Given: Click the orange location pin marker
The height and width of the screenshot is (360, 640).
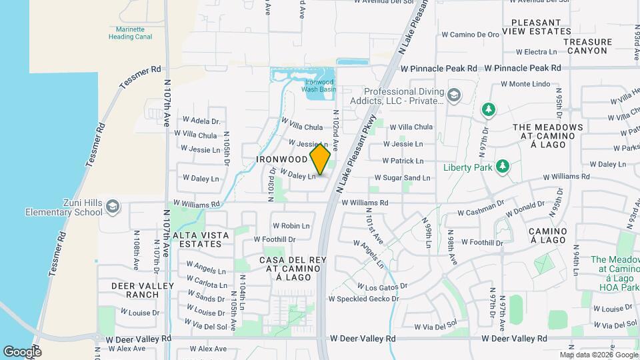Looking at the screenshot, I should pos(321,159).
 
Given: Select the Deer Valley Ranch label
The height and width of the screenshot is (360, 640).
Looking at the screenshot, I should pos(143,290).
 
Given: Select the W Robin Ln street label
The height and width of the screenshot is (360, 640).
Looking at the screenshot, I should pos(291,226).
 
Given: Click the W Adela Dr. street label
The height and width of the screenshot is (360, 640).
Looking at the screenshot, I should pos(197,121).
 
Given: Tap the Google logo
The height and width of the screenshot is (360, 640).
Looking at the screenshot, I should pos(23,351).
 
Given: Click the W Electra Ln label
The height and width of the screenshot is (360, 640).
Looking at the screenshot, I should pos(536,51).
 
